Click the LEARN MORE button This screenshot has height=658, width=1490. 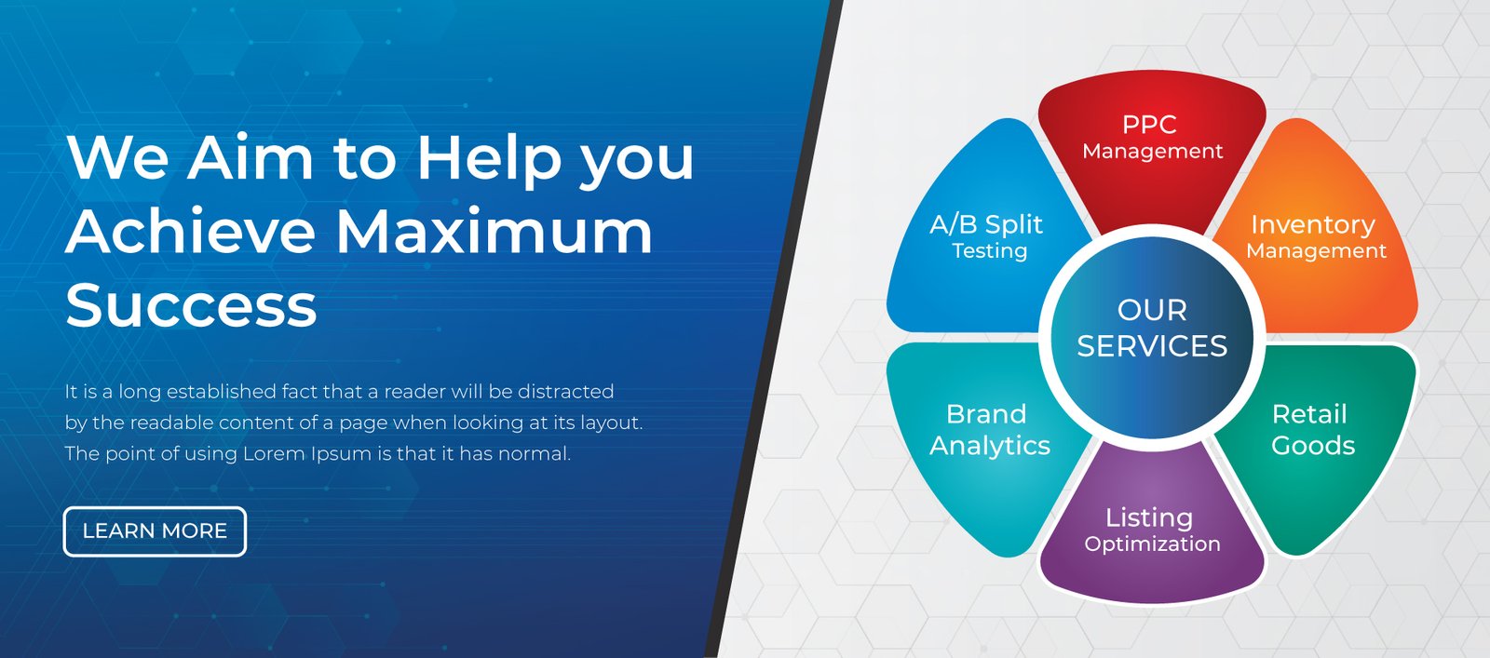[155, 531]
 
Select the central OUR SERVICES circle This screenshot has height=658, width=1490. [1152, 330]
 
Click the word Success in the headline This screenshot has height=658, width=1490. [191, 304]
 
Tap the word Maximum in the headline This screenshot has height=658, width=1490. [494, 231]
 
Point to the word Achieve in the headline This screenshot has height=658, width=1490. [190, 231]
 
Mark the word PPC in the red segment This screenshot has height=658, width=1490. [1149, 125]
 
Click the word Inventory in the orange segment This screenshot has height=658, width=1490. [1313, 225]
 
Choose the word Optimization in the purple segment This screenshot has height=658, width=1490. [1152, 544]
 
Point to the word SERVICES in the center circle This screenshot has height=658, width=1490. [1152, 346]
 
